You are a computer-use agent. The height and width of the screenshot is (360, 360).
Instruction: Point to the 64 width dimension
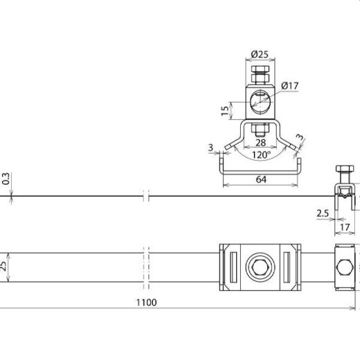coord(260,179)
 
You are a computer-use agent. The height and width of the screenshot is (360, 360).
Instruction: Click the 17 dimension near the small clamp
coord(345,225)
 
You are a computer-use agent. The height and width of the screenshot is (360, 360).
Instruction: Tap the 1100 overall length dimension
coord(146,302)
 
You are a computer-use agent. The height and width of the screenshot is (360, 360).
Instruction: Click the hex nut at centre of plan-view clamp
coord(260,265)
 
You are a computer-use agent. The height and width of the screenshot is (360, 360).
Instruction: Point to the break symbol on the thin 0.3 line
coord(145,198)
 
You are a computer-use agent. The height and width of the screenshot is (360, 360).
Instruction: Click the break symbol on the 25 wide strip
coord(145,265)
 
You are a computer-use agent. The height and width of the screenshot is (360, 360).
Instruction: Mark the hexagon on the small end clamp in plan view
coord(344,265)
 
